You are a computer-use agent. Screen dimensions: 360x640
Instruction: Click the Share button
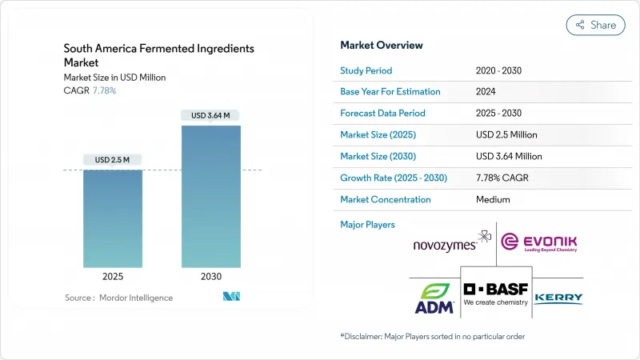coord(595,25)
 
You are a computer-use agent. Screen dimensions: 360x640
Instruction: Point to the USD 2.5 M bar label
coord(113,160)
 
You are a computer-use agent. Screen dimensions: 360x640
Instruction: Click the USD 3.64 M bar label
coord(210,116)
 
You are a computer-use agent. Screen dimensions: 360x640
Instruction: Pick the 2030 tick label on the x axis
coord(210,277)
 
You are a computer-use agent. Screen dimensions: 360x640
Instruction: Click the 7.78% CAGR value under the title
coord(104,90)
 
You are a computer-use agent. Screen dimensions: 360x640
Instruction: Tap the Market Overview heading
coord(382,45)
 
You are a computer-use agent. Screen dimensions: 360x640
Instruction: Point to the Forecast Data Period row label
coord(382,114)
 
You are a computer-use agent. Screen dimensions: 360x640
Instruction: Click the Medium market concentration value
coord(492,199)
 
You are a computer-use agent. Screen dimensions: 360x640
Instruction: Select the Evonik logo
coord(538,242)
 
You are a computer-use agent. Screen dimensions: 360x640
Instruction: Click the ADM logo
coord(434,295)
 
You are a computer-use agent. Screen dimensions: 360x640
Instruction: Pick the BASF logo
coord(496,293)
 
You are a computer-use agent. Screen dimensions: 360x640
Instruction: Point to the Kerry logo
coord(558,298)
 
